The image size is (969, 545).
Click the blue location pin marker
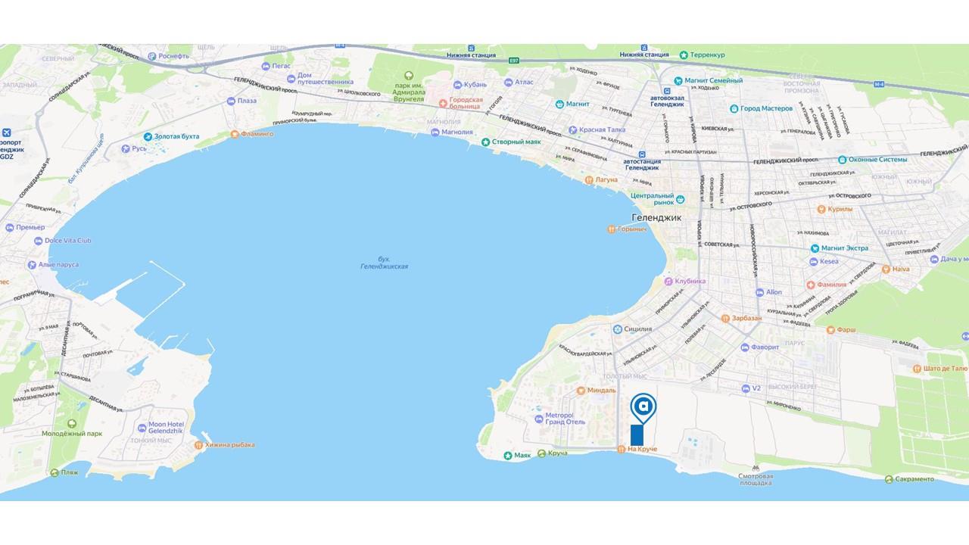[643, 406]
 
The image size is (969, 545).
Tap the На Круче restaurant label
[642, 450]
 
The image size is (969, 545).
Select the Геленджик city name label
[656, 217]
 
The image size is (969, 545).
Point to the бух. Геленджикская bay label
[384, 263]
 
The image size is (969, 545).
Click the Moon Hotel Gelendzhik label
[167, 426]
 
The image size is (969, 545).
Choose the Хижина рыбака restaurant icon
[199, 445]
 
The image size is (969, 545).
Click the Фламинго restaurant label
[257, 134]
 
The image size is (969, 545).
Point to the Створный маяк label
[518, 142]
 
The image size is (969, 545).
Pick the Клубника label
[690, 281]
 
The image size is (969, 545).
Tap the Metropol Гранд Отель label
[566, 419]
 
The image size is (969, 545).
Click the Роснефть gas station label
[178, 55]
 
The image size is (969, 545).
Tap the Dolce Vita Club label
[67, 241]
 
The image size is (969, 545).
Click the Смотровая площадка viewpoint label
[755, 479]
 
